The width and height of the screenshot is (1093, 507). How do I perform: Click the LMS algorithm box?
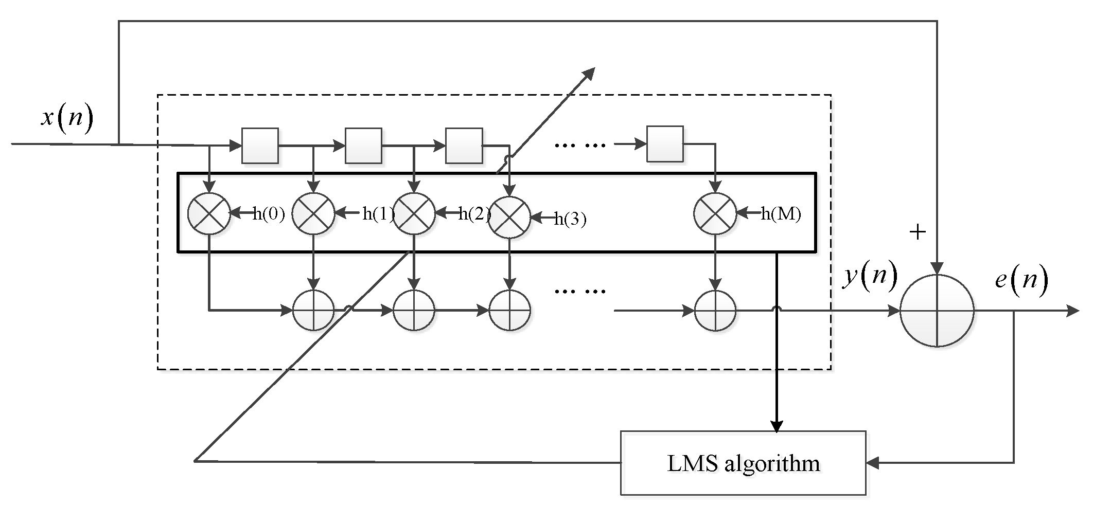click(743, 463)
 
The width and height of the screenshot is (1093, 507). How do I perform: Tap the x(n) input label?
click(67, 118)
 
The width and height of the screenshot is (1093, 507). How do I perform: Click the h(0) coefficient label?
click(269, 213)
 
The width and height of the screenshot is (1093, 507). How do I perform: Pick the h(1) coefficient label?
click(378, 213)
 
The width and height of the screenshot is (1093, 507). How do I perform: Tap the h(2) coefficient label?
click(474, 213)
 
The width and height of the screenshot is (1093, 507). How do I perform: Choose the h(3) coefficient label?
click(570, 220)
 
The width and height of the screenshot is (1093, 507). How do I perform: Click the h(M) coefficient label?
click(781, 213)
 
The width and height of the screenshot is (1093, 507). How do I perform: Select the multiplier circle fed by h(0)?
click(209, 214)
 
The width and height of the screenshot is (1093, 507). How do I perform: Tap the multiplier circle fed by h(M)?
click(715, 214)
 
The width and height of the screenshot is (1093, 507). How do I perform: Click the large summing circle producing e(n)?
click(937, 311)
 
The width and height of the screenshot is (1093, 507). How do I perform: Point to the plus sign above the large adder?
click(918, 232)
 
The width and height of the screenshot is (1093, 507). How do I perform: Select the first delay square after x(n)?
click(260, 146)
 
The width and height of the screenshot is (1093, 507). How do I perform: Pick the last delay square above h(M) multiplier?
click(665, 144)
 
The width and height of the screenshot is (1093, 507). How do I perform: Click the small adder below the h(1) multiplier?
click(313, 311)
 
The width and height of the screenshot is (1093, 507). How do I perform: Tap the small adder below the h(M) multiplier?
click(715, 311)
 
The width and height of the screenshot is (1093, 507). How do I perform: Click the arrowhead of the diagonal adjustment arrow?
click(589, 74)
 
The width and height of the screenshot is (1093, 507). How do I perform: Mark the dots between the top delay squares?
click(580, 146)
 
